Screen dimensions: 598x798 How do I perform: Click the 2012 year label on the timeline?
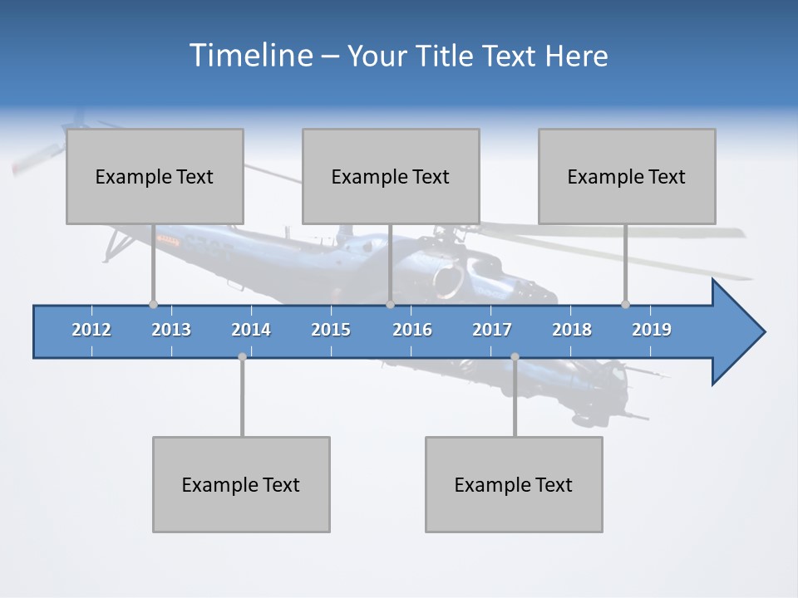click(91, 330)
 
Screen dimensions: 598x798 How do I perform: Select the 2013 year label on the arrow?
click(171, 330)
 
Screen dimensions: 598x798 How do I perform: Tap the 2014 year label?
click(251, 330)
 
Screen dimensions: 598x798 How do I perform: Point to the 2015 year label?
click(331, 330)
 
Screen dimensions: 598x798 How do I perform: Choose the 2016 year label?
click(412, 330)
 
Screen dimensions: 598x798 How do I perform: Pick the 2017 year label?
click(492, 330)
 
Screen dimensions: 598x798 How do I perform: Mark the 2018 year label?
click(572, 330)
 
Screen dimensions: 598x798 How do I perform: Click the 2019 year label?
click(652, 330)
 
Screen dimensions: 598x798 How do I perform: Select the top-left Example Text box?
click(155, 176)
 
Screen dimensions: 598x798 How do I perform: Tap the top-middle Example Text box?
click(391, 176)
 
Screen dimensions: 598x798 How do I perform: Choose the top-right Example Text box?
click(627, 176)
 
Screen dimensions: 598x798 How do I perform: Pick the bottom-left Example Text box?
click(241, 484)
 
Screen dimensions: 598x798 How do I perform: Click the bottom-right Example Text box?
click(514, 484)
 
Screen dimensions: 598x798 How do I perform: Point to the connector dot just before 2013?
click(153, 304)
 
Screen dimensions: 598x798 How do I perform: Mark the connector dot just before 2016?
click(390, 304)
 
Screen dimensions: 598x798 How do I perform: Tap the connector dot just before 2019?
click(625, 304)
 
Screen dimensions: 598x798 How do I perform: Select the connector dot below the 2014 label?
click(242, 356)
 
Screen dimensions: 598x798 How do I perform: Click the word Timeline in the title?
click(250, 55)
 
